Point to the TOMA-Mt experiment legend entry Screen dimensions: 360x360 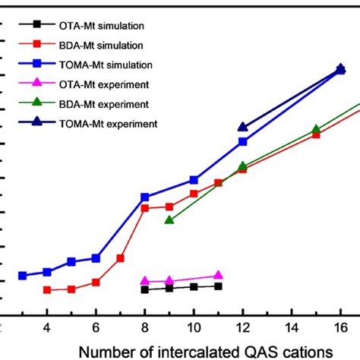(x=125, y=122)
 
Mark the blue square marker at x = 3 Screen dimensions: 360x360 (x=23, y=276)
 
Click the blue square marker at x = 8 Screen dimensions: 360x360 (x=145, y=197)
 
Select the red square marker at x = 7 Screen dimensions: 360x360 (x=120, y=258)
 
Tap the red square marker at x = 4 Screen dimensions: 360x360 (x=47, y=290)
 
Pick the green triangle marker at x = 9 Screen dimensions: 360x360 (x=169, y=220)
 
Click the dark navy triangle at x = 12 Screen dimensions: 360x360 (x=242, y=128)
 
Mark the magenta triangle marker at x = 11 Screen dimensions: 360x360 (x=218, y=276)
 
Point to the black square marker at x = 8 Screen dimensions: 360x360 (x=145, y=289)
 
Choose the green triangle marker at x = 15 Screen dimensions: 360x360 (x=316, y=130)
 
